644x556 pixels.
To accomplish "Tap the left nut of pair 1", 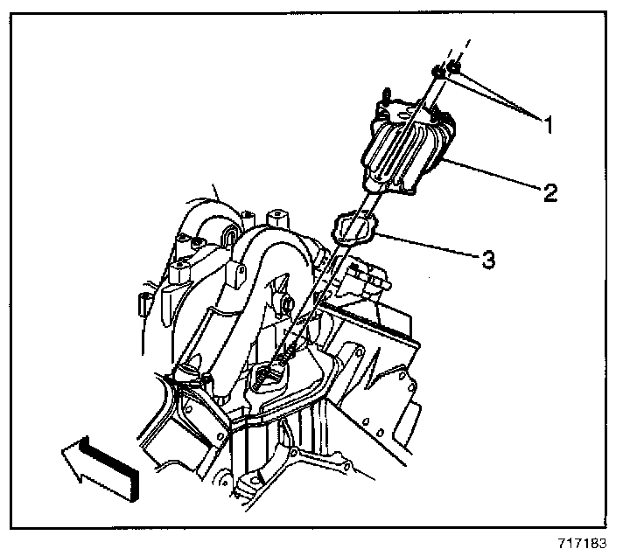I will [437, 73].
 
